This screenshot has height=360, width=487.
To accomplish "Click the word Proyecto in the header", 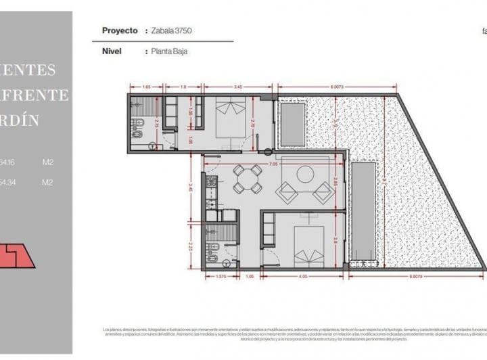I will pyautogui.click(x=120, y=31).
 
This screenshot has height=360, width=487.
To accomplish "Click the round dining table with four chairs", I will pyautogui.click(x=248, y=179).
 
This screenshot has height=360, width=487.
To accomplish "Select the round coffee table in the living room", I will pyautogui.click(x=305, y=174).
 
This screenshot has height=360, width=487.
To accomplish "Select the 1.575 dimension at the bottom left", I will pyautogui.click(x=220, y=276).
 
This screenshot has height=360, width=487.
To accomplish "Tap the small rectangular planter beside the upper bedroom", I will pyautogui.click(x=292, y=124).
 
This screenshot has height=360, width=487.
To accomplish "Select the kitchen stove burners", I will pyautogui.click(x=211, y=183).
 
